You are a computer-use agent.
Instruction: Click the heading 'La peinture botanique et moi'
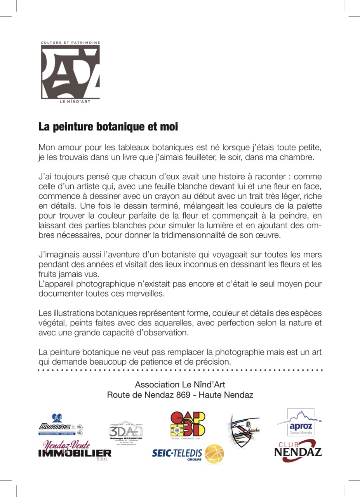(x=108, y=127)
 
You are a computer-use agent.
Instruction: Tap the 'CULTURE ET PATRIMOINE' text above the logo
(x=71, y=42)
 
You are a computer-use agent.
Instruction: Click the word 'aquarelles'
(x=173, y=323)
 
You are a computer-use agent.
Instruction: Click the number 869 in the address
(x=184, y=395)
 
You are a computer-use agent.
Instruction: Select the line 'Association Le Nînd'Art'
(x=180, y=384)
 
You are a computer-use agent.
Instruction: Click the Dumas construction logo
(x=60, y=425)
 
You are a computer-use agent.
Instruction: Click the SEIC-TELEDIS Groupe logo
(x=188, y=454)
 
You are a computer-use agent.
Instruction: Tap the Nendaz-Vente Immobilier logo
(x=75, y=451)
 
